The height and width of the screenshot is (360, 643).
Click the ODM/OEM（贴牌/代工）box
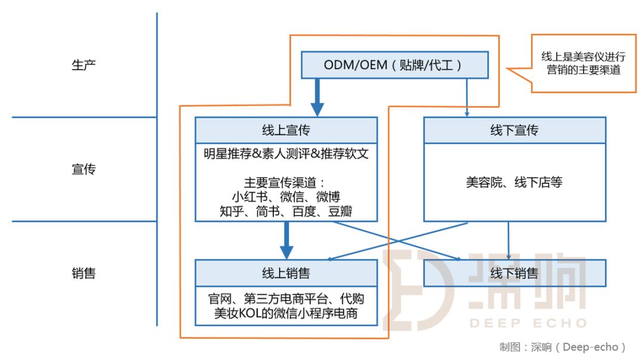(394, 65)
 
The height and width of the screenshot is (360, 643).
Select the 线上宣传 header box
(286, 130)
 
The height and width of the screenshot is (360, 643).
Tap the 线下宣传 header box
(514, 130)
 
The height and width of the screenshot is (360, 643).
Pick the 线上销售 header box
(286, 273)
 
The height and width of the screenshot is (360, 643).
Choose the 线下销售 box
(514, 273)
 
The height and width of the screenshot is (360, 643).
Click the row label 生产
(83, 65)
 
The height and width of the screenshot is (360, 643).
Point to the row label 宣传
(83, 170)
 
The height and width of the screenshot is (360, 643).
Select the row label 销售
(83, 273)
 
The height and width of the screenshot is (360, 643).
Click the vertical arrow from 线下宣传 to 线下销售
(508, 240)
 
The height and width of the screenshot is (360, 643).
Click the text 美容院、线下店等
(514, 182)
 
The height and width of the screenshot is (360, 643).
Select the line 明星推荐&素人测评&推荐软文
(286, 154)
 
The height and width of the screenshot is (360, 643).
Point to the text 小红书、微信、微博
(286, 196)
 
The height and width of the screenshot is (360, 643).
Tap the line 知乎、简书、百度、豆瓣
(286, 211)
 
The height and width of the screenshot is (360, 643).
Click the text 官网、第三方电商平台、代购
(286, 298)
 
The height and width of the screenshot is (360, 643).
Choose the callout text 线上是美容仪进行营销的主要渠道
(583, 63)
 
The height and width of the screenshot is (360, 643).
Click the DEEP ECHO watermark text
(527, 323)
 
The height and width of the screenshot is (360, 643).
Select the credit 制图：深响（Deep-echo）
(563, 347)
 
